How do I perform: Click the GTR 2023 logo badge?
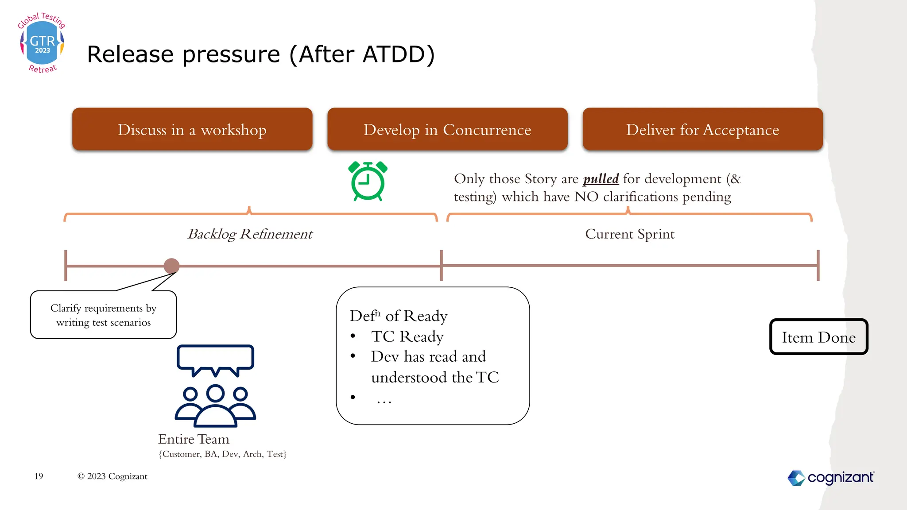[x=42, y=43]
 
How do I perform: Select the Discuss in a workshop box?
[x=192, y=129]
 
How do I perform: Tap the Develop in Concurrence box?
[x=447, y=129]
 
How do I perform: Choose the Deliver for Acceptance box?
[x=702, y=129]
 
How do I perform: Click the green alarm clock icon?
[x=368, y=182]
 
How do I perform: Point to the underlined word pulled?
[x=601, y=179]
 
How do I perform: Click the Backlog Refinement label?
[x=250, y=234]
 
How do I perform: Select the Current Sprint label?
[x=629, y=234]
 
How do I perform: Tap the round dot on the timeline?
[x=171, y=266]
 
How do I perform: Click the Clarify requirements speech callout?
[x=103, y=315]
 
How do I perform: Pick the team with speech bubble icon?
[x=215, y=386]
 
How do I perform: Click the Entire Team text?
[x=194, y=439]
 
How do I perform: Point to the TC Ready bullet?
[x=407, y=336]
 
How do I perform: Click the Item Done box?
[x=818, y=337]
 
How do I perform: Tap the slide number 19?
[x=39, y=476]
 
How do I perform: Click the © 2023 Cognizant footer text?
[x=112, y=476]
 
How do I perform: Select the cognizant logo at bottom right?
[x=830, y=478]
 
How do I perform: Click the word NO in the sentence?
[x=586, y=197]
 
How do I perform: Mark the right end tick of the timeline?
[x=818, y=265]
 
